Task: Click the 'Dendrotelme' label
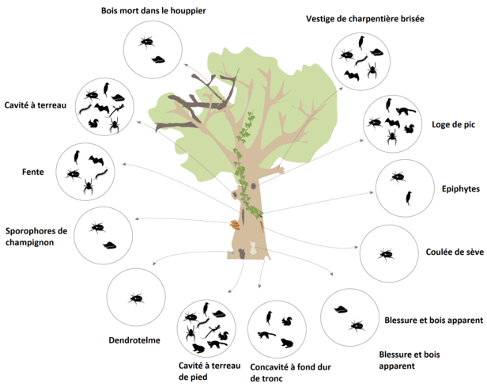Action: (134, 340)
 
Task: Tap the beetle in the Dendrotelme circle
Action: (137, 298)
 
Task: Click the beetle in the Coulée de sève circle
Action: (387, 254)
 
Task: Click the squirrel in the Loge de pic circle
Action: (409, 128)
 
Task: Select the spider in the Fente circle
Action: (89, 187)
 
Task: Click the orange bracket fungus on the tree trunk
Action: (236, 225)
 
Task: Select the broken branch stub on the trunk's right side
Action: (260, 230)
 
